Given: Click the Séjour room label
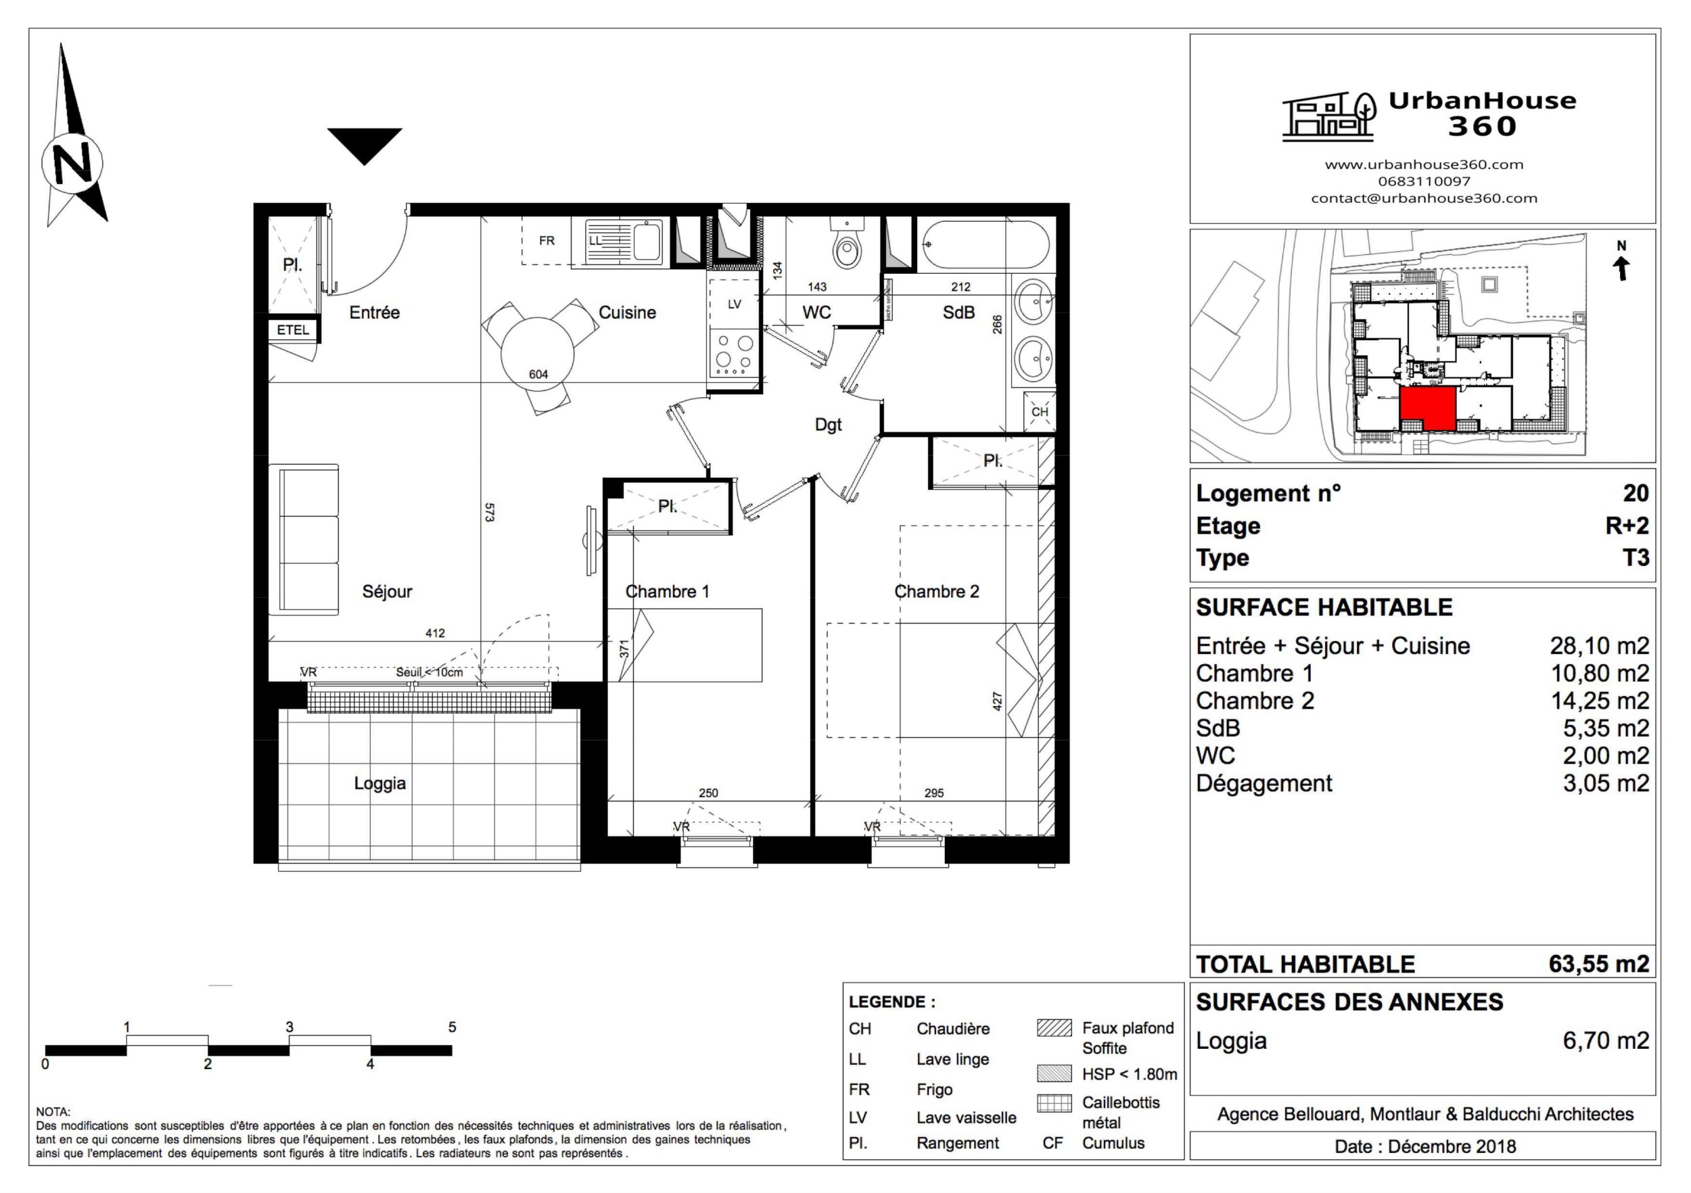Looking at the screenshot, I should coord(387,591).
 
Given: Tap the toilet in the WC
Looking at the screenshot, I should coord(846,247).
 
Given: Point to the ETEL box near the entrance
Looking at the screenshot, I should coord(292,330).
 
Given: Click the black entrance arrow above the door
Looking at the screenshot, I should coord(365,143).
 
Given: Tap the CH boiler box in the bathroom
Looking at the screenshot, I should coord(1039,412).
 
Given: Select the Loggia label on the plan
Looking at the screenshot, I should coord(379,782).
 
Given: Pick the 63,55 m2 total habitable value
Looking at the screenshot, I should coord(1598,964).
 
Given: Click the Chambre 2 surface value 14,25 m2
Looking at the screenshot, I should coord(1600,701).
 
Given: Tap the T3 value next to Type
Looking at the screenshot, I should coord(1635,557).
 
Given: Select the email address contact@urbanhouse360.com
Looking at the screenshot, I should coord(1424,198).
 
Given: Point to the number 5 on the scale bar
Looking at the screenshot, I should coord(453,1027).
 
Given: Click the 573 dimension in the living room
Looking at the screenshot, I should coord(489,513).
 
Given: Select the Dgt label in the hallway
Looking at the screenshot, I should coord(828,425).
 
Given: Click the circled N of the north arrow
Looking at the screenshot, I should coord(72,163).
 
